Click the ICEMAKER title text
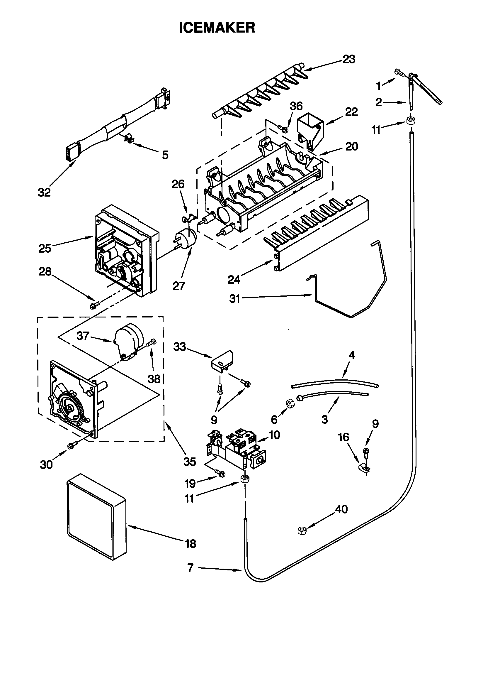(x=217, y=28)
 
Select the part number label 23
(x=349, y=60)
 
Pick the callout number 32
(x=44, y=192)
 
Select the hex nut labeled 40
(x=302, y=530)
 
